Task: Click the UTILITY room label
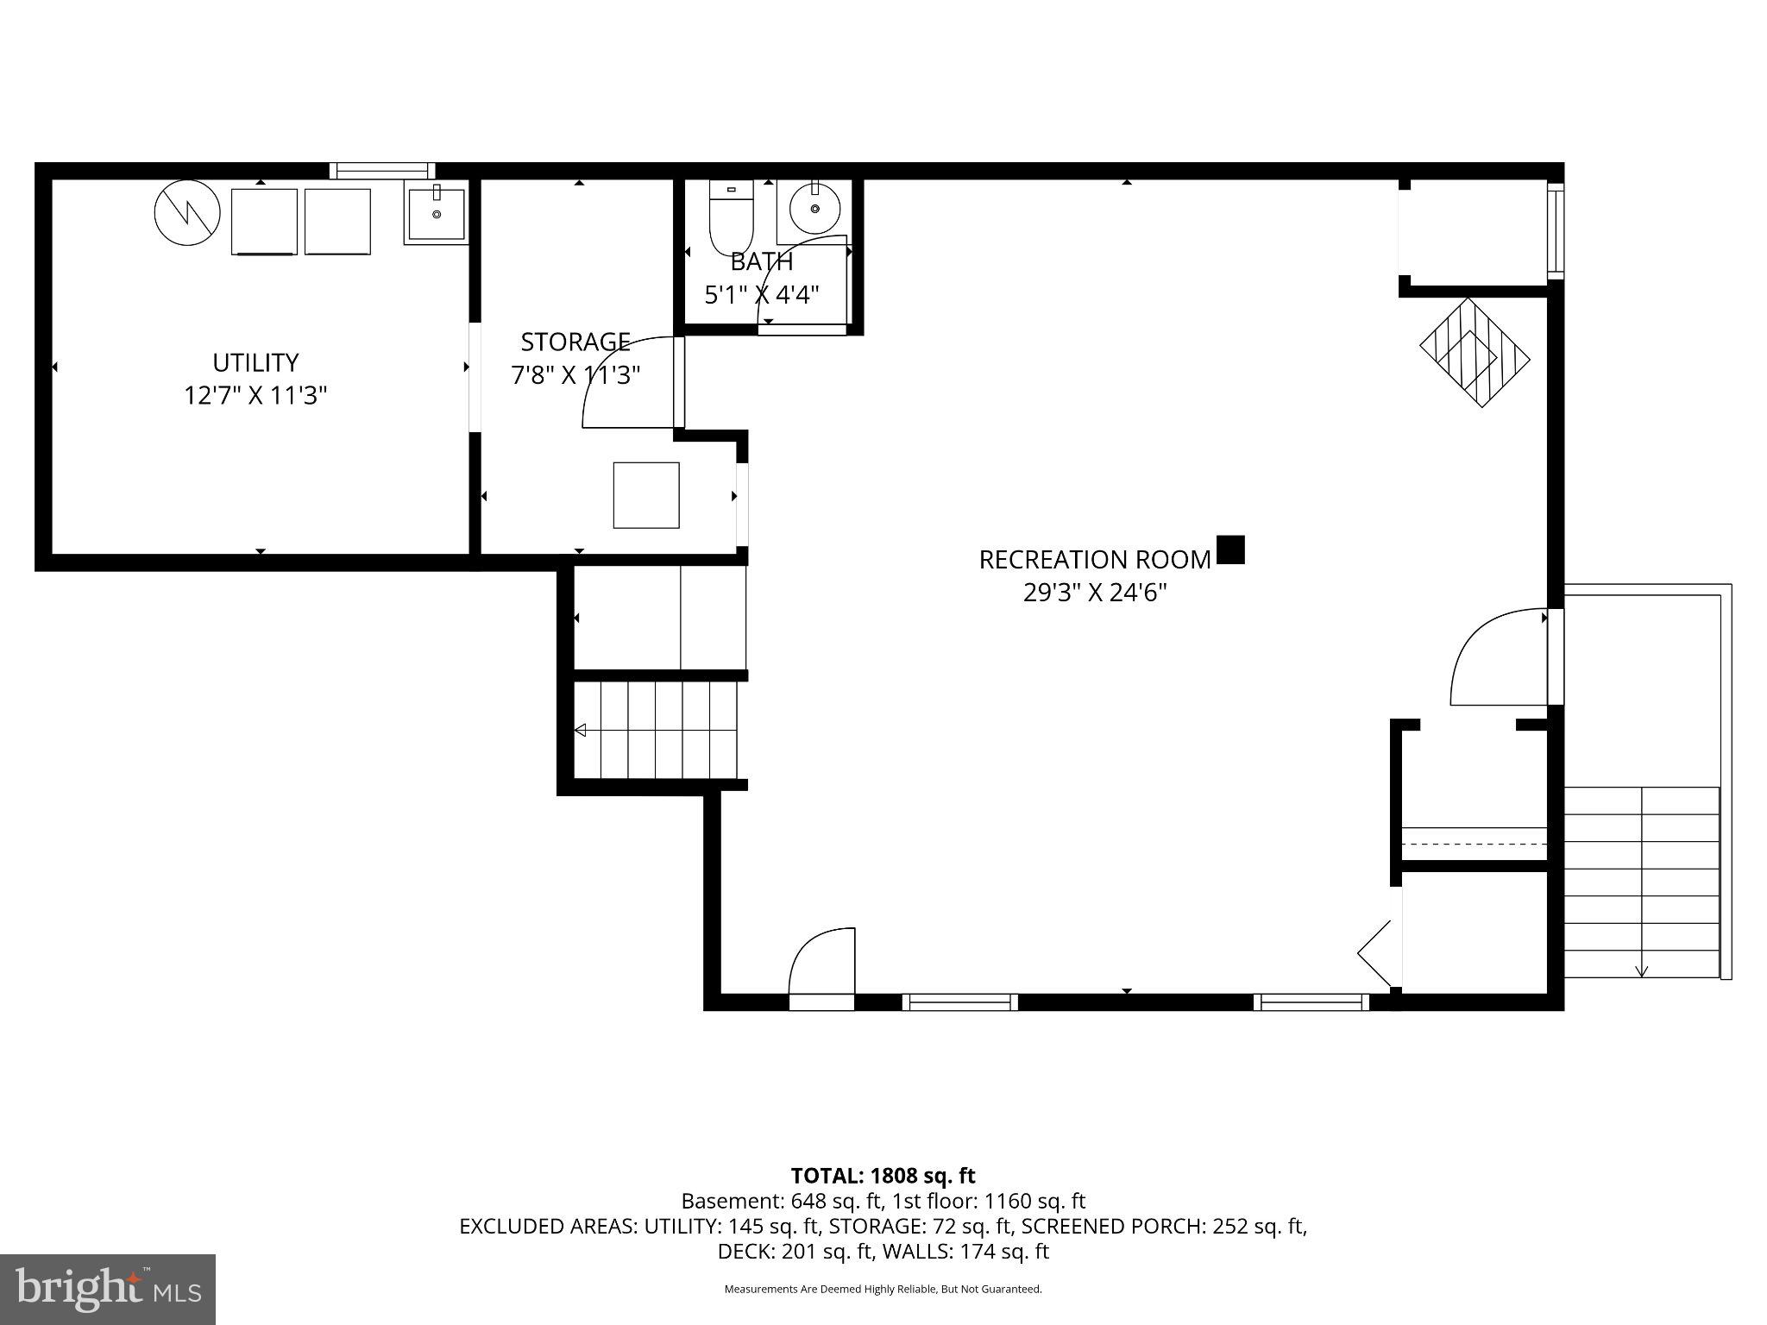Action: pos(255,362)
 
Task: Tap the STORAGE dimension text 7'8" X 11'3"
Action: pos(575,376)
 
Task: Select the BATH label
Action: pos(761,262)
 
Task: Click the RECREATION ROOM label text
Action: pos(1094,560)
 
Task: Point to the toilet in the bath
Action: pos(731,217)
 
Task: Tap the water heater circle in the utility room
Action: pos(187,212)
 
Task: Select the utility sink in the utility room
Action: pos(436,214)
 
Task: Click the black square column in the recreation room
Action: pos(1230,549)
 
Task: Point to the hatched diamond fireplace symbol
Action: pos(1475,352)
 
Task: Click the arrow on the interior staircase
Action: pos(581,731)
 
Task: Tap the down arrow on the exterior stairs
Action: pos(1641,970)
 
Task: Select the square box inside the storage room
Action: pos(646,495)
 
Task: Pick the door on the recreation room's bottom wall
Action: pos(821,966)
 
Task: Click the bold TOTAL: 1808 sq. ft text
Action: pos(883,1176)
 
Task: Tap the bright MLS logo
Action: pos(108,1290)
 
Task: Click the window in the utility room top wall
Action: pos(382,171)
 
